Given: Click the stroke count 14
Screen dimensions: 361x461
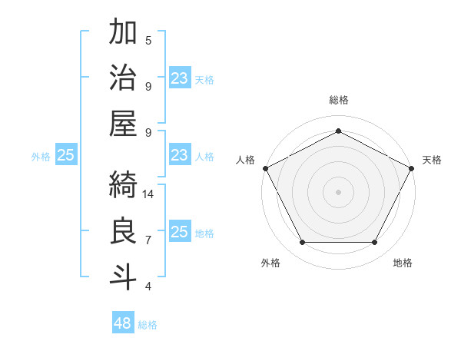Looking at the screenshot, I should point(149,194).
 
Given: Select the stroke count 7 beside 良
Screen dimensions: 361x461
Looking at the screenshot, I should point(148,240).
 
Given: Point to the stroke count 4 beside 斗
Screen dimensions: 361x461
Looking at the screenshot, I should point(148,286).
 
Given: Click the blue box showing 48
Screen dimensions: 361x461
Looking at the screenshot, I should point(123,323).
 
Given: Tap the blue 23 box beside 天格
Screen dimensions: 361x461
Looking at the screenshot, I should point(180,78).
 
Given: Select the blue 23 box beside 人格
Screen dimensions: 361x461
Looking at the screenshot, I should point(180,155).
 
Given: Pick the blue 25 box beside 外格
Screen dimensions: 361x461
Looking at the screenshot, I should point(66,155).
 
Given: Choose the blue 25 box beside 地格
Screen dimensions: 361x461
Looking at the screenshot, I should point(180,232).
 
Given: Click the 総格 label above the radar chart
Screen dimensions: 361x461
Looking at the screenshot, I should point(338,100).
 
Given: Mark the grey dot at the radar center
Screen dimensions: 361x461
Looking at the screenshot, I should point(338,191).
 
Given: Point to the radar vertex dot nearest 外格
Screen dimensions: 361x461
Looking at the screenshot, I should point(302,243).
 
